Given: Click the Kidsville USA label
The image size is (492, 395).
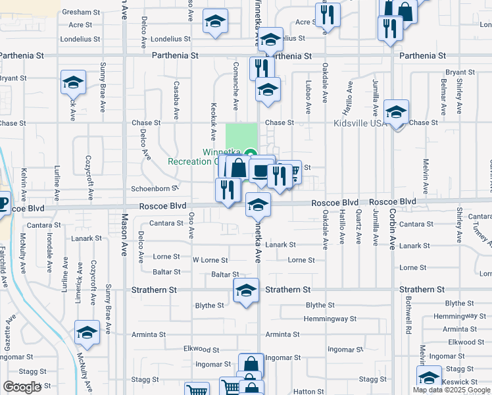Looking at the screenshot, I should coord(359,122).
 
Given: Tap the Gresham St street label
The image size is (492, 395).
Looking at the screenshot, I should coord(81,13).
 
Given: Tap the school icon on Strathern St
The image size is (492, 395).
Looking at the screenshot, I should coord(246,291).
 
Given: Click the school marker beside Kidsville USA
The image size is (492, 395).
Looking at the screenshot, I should coord(397,113).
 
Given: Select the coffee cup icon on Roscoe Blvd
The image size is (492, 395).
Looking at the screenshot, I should coord(3,202).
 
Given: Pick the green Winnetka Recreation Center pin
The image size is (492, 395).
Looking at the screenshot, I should coord(250,155).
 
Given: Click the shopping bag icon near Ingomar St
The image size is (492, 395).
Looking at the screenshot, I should coord(251,365).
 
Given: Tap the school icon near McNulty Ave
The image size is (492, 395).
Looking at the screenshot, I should coord(87,332).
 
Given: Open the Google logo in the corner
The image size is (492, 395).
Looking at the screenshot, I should coord(22,387).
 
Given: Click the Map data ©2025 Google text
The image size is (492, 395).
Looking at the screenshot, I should coord(451,390).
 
